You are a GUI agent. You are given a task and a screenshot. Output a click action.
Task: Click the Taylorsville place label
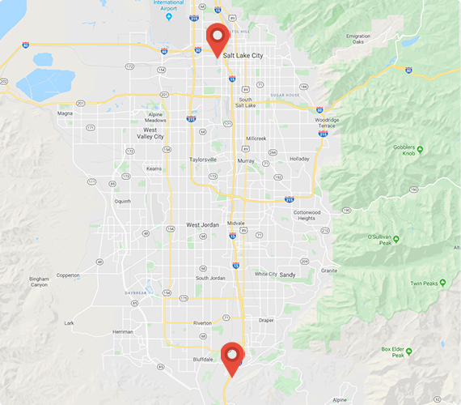click(x=203, y=160)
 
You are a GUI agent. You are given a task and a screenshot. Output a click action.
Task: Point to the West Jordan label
click(x=204, y=224)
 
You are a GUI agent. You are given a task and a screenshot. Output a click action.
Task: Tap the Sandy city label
click(x=288, y=275)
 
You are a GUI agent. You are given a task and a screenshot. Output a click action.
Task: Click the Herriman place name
click(x=122, y=331)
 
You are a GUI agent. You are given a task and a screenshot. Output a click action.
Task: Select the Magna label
click(x=66, y=113)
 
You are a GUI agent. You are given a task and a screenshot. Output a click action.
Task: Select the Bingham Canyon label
click(x=40, y=282)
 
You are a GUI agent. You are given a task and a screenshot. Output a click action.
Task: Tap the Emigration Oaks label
click(x=357, y=39)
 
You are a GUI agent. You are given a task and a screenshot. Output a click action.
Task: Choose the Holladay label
click(x=299, y=159)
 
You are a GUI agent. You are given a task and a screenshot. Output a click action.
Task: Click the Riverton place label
click(x=202, y=322)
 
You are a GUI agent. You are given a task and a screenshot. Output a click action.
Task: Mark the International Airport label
click(x=168, y=6)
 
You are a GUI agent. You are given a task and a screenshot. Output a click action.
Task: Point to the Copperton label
click(x=68, y=275)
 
